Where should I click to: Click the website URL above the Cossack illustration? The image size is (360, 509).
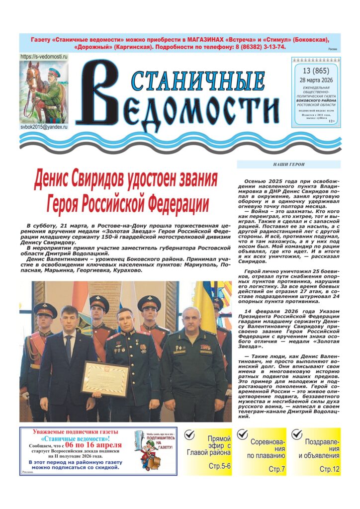(44, 57)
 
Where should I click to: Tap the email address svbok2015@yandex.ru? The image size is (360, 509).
(44, 127)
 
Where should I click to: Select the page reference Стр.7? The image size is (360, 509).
(276, 469)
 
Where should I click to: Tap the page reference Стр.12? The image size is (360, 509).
(329, 469)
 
